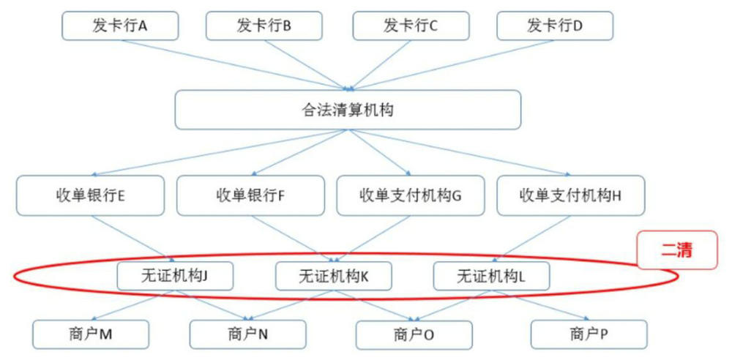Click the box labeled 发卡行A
(x=120, y=26)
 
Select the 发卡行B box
(x=264, y=26)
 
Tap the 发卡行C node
(x=410, y=26)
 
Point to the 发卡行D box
(x=554, y=26)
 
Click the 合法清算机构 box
(x=348, y=110)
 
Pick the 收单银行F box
(x=250, y=195)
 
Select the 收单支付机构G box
(x=410, y=195)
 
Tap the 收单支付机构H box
(x=570, y=195)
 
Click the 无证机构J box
(x=175, y=276)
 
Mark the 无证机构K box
(x=333, y=276)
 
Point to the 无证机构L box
(x=491, y=276)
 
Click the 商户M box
(x=91, y=334)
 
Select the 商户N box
(x=248, y=334)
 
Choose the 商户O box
(x=414, y=335)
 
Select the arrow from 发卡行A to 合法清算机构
(x=234, y=63)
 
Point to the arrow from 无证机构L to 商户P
(x=542, y=306)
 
